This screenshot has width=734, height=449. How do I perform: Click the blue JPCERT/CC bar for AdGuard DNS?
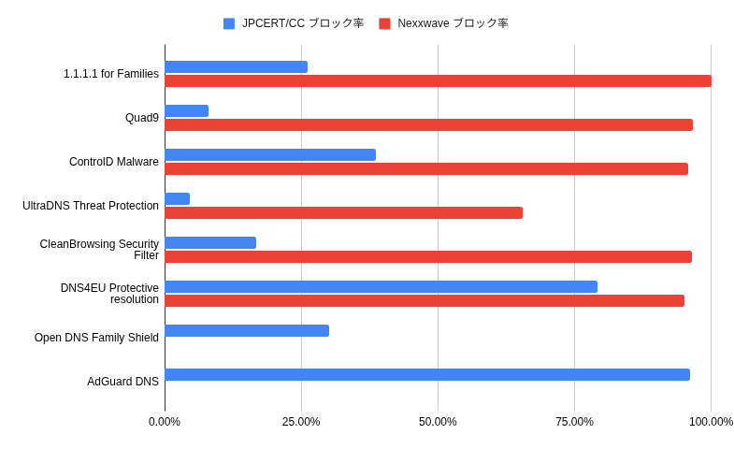pyautogui.click(x=427, y=374)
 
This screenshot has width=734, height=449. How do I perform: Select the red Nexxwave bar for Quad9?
pyautogui.click(x=428, y=124)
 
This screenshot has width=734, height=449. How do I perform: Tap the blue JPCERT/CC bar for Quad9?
pyautogui.click(x=186, y=110)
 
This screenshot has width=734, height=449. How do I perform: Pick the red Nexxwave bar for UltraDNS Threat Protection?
pyautogui.click(x=343, y=212)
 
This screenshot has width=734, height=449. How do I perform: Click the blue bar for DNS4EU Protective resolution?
pyautogui.click(x=381, y=286)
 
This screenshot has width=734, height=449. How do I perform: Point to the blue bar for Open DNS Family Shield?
pyautogui.click(x=247, y=330)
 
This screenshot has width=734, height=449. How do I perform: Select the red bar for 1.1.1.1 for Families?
pyautogui.click(x=438, y=80)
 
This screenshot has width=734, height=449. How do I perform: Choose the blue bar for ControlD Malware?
pyautogui.click(x=270, y=154)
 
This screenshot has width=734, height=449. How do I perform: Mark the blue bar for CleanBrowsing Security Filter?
pyautogui.click(x=210, y=242)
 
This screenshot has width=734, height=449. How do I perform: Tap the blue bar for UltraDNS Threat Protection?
pyautogui.click(x=178, y=198)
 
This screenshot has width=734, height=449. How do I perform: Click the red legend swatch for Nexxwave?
pyautogui.click(x=384, y=23)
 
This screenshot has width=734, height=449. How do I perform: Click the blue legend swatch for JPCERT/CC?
pyautogui.click(x=229, y=23)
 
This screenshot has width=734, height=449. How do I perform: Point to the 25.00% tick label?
pyautogui.click(x=301, y=422)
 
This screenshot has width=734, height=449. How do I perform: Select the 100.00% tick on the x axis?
pyautogui.click(x=711, y=422)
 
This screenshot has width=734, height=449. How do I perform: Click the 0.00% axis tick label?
pyautogui.click(x=165, y=422)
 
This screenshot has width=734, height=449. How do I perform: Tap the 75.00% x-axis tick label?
pyautogui.click(x=574, y=422)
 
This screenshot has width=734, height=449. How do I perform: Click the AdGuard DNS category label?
pyautogui.click(x=122, y=382)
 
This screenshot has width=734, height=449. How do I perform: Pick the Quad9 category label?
pyautogui.click(x=142, y=118)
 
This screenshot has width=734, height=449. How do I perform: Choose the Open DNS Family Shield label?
pyautogui.click(x=96, y=338)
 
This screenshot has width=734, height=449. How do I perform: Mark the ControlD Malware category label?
pyautogui.click(x=114, y=162)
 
